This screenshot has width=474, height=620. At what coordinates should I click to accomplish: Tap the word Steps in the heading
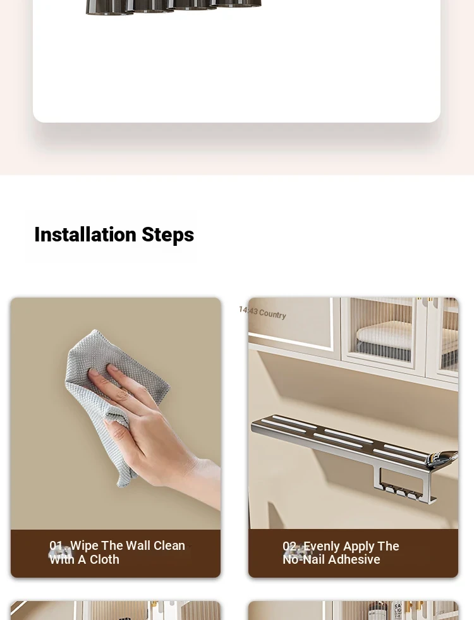pos(167,235)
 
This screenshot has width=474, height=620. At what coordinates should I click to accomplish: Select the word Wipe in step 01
pos(84,545)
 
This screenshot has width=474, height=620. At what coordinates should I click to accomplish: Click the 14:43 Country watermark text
pos(262,313)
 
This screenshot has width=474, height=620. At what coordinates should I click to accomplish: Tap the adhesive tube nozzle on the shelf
pos(443,459)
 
